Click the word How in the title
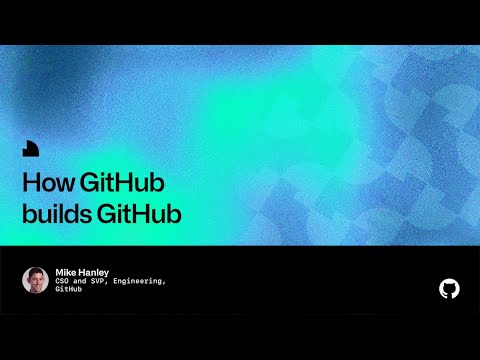(x=45, y=185)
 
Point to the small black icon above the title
(x=31, y=150)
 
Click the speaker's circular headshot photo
(x=35, y=280)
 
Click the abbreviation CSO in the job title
(x=63, y=281)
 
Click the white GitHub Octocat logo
(x=449, y=288)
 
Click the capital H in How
(x=29, y=185)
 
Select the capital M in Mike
(x=60, y=271)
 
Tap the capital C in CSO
(x=58, y=281)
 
